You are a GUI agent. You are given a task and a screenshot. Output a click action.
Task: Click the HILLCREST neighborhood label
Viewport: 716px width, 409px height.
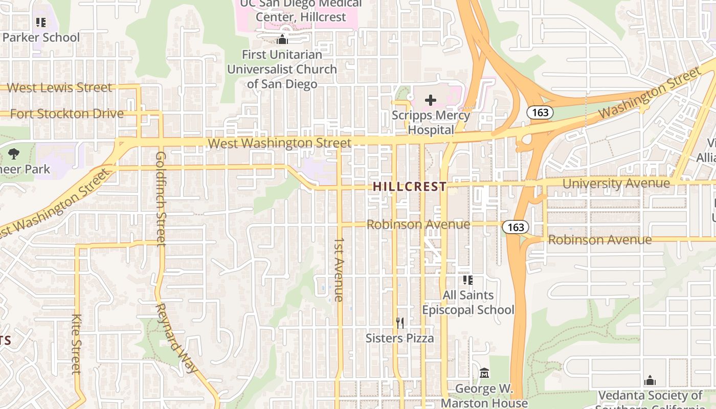pos(410,187)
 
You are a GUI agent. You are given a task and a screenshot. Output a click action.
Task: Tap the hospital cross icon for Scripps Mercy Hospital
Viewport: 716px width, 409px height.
pos(431,100)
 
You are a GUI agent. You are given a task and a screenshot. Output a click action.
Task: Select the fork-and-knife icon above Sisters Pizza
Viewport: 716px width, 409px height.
pos(400,323)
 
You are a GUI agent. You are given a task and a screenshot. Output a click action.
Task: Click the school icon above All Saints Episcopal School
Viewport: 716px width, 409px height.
pos(468,280)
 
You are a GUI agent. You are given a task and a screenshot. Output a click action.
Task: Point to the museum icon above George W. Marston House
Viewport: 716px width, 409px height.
pos(484,373)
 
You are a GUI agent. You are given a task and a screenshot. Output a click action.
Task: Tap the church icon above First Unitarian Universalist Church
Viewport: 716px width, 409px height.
pos(282,39)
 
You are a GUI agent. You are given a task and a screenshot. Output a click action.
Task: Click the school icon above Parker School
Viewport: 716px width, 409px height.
pos(41,22)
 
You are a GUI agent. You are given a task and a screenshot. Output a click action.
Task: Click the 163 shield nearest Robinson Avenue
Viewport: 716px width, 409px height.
pos(516,227)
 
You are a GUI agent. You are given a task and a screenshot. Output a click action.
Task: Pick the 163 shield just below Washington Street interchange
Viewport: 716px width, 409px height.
pos(541,112)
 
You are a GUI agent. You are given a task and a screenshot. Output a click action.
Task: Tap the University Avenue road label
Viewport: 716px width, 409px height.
pos(616,183)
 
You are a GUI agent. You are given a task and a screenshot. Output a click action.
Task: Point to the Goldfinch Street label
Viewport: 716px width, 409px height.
pos(161,198)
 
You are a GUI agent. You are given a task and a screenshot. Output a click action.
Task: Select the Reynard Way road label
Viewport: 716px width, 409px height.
pos(175,337)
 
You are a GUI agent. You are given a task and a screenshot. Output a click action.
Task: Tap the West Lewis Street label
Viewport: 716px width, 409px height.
pos(59,87)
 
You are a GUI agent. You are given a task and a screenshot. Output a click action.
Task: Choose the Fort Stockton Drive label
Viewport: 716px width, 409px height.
pos(67,113)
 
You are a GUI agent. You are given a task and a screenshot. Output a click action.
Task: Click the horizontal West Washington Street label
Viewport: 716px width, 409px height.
pos(280,143)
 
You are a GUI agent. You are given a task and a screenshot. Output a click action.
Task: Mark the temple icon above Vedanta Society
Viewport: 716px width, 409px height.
pos(650,380)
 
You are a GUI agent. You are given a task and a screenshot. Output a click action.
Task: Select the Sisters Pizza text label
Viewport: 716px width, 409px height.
pos(400,338)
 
